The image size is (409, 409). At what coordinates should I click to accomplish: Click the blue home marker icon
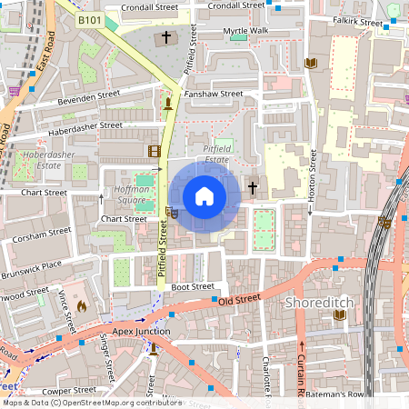(204, 195)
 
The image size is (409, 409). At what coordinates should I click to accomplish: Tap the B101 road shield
(89, 19)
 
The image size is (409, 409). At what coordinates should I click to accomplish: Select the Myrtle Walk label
(245, 31)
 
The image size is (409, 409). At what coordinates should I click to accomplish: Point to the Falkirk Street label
(357, 21)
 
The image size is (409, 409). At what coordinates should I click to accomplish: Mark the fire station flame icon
(82, 307)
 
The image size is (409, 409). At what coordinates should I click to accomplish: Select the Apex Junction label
(141, 332)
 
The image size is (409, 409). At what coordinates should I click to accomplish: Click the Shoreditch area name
(319, 301)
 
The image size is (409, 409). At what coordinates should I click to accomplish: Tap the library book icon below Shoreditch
(340, 314)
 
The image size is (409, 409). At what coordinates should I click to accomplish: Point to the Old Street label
(240, 299)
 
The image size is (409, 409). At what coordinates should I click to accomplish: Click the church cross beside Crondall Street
(165, 38)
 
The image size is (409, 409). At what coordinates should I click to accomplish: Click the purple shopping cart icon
(14, 91)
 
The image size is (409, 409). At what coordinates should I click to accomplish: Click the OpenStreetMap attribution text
(91, 403)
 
